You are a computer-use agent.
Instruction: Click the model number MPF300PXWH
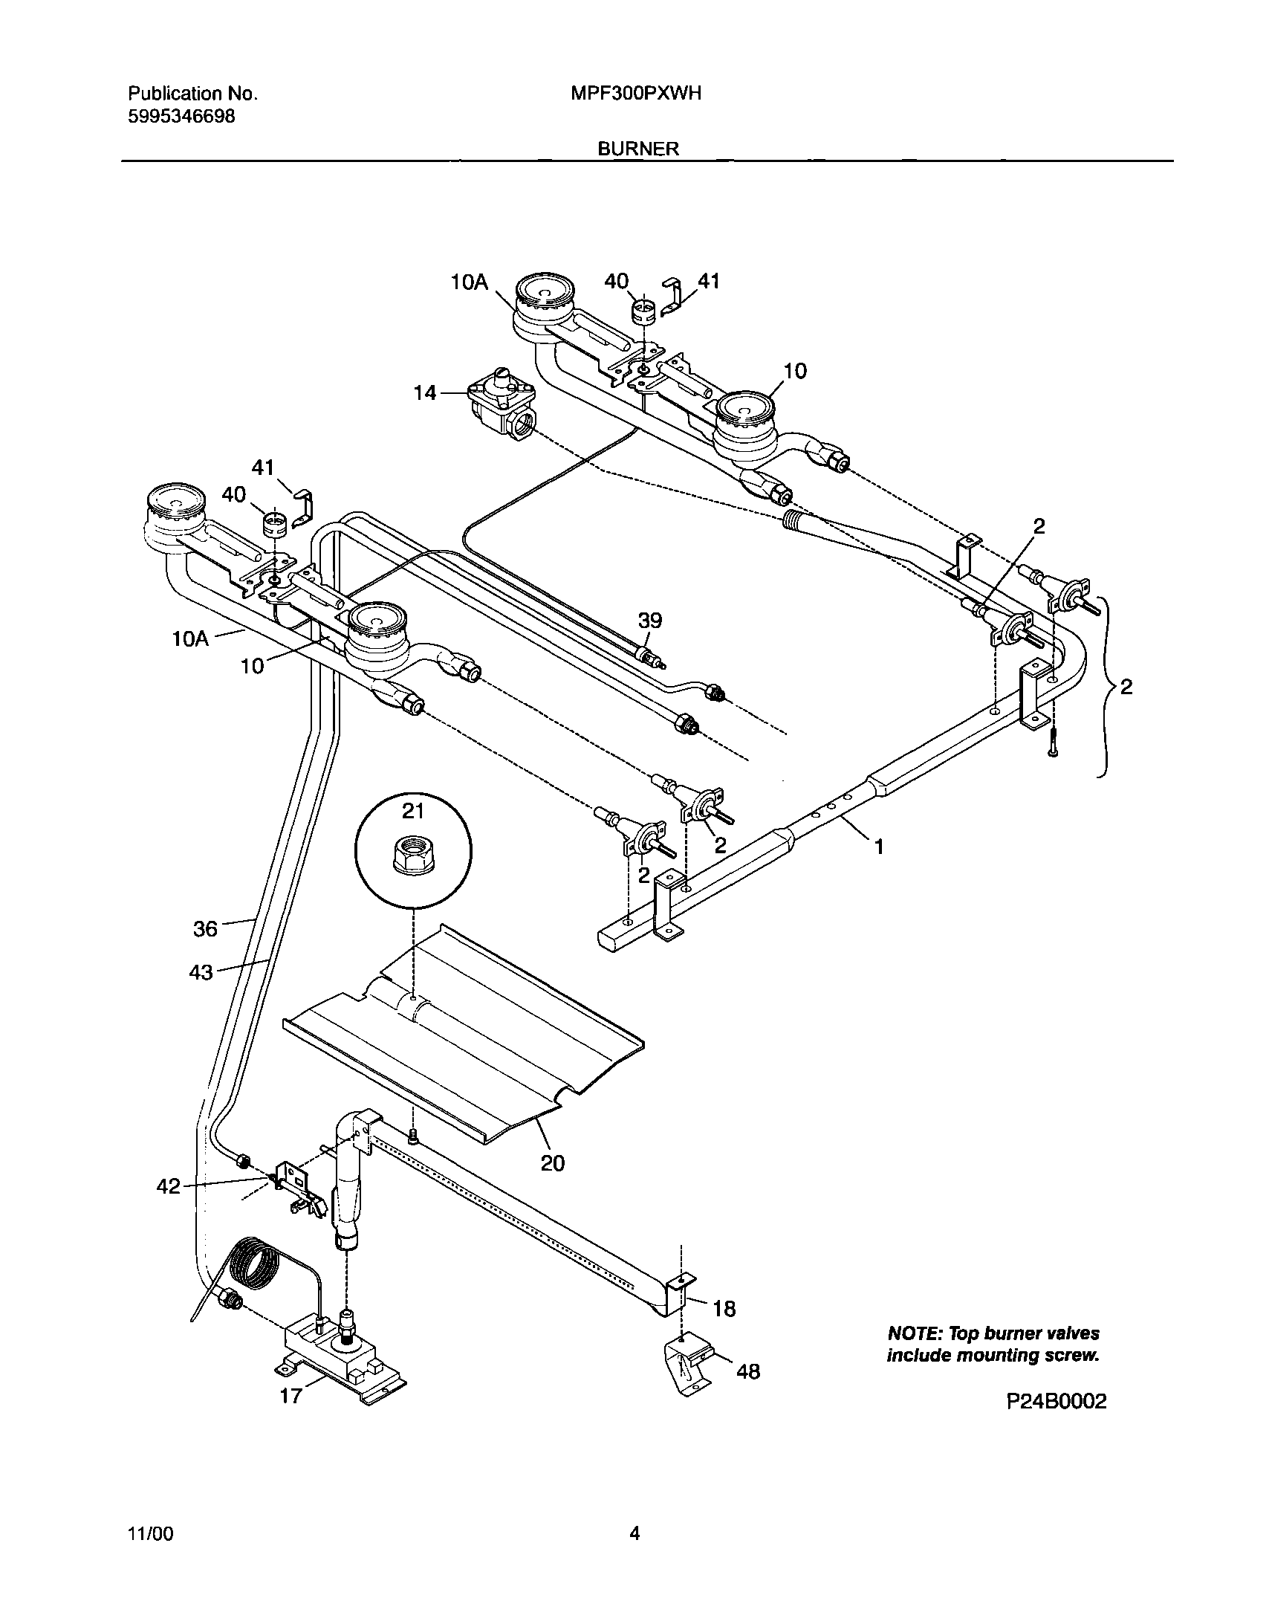coord(637,94)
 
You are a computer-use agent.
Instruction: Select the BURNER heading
coord(638,149)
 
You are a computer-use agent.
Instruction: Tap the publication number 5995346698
coord(182,116)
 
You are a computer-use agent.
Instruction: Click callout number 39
coord(650,621)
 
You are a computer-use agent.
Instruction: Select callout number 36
coord(206,929)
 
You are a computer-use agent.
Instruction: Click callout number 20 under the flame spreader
coord(552,1162)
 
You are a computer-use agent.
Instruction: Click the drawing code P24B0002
coord(1057,1401)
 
